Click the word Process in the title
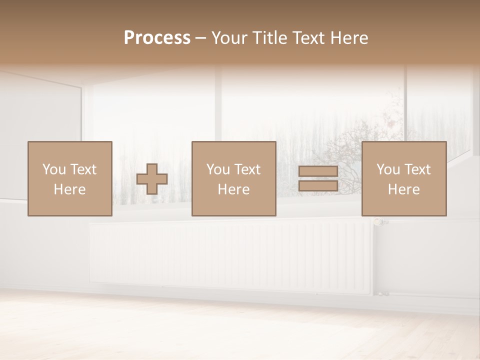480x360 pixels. tap(157, 38)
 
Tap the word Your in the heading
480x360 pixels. tap(229, 38)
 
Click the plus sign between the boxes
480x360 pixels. tap(152, 179)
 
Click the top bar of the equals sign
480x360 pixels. tap(318, 171)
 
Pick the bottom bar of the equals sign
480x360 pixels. tap(318, 186)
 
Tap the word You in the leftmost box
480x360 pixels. tap(53, 169)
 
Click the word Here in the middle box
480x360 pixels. tap(233, 189)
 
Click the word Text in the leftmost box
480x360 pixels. tap(83, 169)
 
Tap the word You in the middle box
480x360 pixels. tap(217, 169)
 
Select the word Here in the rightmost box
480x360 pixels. tap(404, 189)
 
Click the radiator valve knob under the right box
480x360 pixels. tap(379, 221)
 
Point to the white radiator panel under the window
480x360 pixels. tap(230, 257)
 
